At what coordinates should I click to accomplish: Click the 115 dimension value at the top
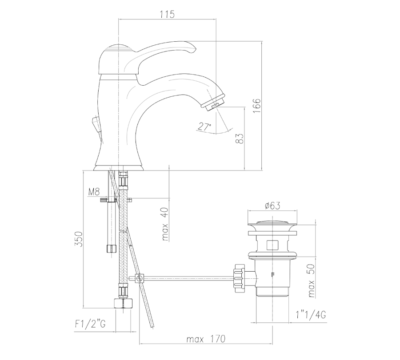click(168, 14)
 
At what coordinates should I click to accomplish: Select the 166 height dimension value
click(257, 106)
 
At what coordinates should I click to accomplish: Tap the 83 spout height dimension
click(240, 138)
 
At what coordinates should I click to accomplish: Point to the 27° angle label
click(204, 127)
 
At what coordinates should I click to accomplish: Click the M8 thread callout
click(94, 192)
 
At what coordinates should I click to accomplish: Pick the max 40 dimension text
click(165, 224)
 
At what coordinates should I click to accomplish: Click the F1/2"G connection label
click(90, 324)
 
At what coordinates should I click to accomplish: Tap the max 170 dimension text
click(206, 339)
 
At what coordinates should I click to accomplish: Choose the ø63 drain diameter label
click(272, 206)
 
